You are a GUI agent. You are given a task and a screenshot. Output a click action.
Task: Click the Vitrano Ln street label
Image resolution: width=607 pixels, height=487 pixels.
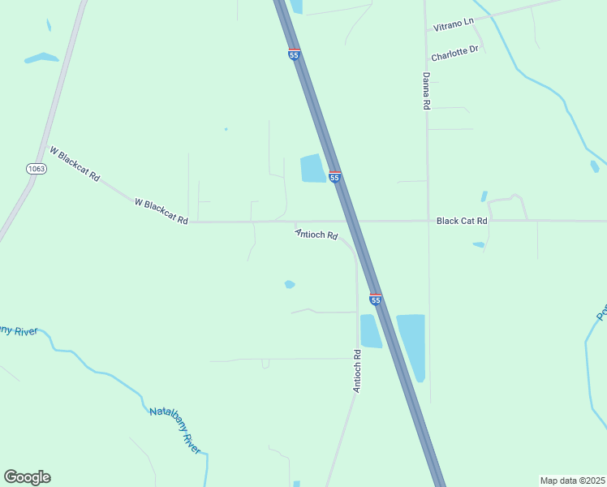click(452, 24)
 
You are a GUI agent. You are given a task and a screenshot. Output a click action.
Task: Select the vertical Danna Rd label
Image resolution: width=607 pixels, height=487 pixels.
click(425, 90)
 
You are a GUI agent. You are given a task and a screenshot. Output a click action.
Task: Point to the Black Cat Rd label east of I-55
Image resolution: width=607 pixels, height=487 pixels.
click(462, 221)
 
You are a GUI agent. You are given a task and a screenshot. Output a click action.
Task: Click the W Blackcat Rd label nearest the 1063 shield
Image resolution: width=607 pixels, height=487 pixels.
click(75, 163)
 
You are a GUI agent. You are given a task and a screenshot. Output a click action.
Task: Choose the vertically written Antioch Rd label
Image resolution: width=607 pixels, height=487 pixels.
click(356, 371)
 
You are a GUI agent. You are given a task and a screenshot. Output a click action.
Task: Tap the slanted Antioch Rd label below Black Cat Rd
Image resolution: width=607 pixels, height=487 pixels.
click(316, 235)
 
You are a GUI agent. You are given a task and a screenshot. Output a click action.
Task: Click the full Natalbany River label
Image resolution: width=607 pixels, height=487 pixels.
click(174, 429)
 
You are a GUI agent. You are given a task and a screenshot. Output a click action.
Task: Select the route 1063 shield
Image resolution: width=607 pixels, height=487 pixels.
click(36, 169)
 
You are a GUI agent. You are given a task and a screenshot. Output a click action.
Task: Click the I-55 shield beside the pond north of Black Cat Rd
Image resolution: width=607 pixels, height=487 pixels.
click(334, 177)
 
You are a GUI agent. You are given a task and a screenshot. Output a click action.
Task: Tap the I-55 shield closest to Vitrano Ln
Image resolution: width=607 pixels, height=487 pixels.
click(294, 54)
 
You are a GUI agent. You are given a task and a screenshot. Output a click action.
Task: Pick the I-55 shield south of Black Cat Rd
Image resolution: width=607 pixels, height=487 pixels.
click(375, 300)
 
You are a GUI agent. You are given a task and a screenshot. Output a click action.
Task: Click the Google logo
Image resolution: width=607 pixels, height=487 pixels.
click(27, 477)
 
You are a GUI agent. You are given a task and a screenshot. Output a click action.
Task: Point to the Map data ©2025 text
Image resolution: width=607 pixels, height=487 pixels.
click(572, 480)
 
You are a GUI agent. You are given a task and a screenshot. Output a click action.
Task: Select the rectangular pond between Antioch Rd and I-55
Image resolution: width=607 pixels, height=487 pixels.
click(370, 331)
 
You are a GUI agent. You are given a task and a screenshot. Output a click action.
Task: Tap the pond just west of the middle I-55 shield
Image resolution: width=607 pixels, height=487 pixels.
click(312, 169)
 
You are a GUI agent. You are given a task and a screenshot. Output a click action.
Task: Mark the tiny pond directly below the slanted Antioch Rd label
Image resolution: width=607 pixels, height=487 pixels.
click(290, 284)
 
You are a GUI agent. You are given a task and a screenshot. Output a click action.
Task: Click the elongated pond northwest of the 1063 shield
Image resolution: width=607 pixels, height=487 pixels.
click(41, 58)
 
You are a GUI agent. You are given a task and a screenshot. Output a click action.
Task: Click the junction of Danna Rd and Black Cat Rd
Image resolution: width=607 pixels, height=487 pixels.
click(427, 220)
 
